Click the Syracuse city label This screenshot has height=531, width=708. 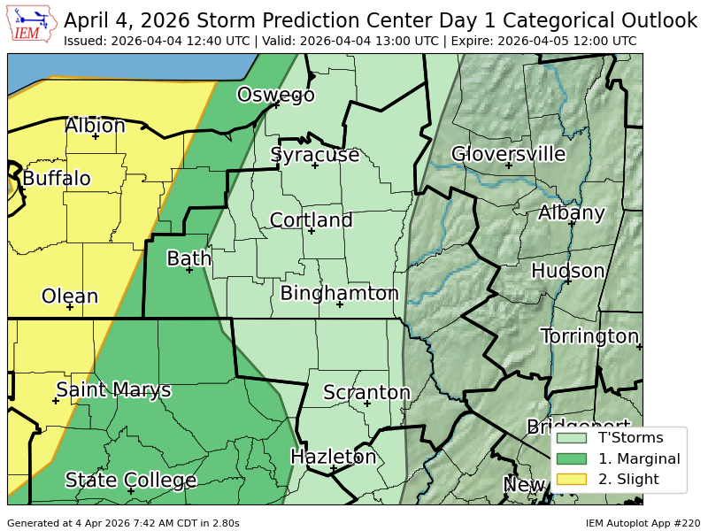coord(314,155)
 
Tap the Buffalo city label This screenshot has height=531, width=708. coord(56,179)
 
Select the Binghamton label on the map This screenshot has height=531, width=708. coord(339,293)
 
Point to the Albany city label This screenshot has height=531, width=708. coord(571,212)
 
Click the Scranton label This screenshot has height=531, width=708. coord(366,392)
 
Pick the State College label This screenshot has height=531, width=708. coord(130,481)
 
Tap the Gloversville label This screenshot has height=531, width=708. coord(508,154)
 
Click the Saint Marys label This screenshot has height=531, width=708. coord(113,389)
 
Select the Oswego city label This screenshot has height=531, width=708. coord(275,95)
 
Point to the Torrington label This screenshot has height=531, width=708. coord(589,336)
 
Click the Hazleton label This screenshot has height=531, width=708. coord(334,457)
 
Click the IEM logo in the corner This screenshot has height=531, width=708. coord(33,24)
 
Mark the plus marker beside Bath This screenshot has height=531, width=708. coord(189,270)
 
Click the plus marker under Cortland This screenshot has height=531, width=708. coord(311,231)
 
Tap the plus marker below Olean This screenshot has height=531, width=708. coord(70,306)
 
